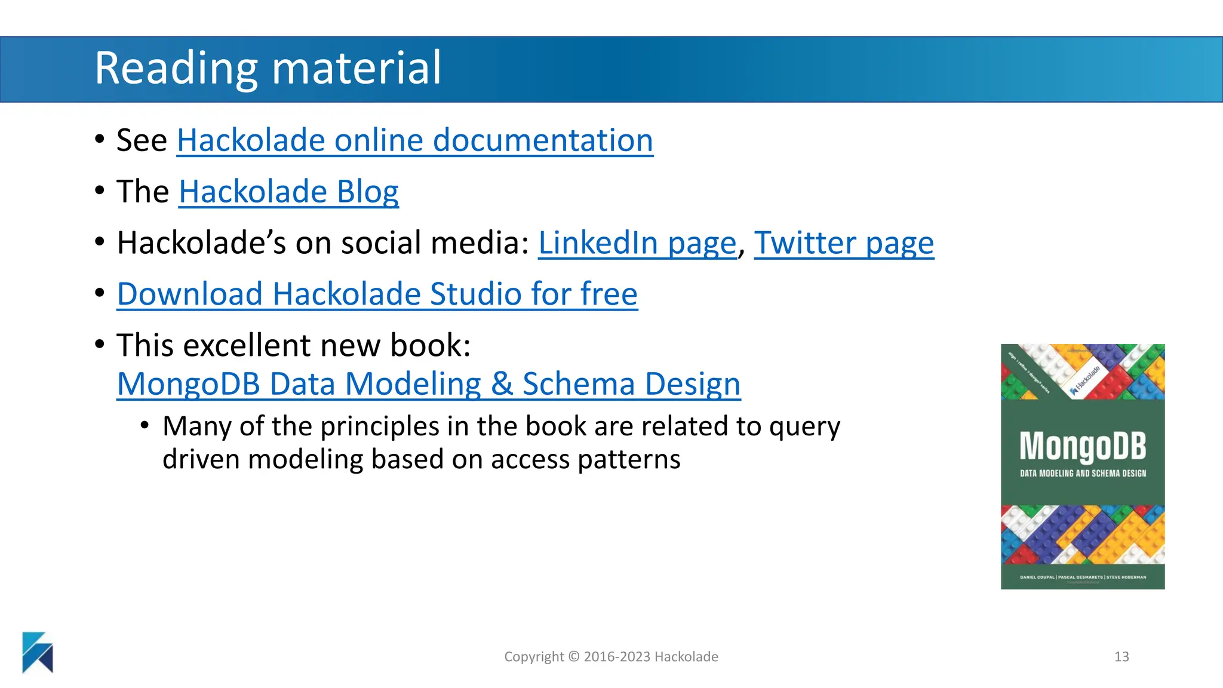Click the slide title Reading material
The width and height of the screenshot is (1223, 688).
(268, 68)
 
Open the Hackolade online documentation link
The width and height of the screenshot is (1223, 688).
(415, 141)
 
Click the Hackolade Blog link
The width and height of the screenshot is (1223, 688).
(288, 192)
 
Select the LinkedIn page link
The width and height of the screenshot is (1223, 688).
(637, 244)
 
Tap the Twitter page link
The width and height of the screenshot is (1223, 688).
(844, 244)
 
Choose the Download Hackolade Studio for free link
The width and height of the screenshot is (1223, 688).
(377, 294)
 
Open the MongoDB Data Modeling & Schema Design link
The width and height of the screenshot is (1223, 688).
(429, 384)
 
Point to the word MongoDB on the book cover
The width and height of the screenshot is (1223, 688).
(1083, 446)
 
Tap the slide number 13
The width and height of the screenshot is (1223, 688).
(1121, 657)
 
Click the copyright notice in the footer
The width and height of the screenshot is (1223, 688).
(611, 657)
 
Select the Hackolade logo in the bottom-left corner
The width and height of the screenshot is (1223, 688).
(38, 652)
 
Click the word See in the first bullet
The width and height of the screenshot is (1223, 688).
(142, 141)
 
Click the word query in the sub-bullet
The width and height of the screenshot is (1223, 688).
(804, 427)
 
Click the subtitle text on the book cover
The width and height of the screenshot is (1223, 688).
(1083, 474)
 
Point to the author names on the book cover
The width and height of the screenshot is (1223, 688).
(1083, 578)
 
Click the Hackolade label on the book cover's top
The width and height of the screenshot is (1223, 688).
(1086, 380)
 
